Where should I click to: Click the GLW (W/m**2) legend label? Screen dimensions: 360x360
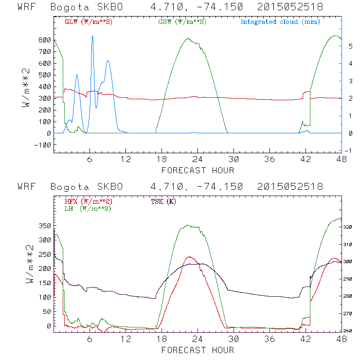pos(89,21)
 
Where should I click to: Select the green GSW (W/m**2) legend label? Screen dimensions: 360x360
pos(182,21)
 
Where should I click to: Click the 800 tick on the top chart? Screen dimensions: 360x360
pos(45,40)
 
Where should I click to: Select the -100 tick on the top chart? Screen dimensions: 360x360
pos(43,145)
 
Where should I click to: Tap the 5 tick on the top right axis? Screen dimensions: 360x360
pos(350,46)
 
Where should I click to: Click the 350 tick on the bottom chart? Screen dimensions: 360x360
pos(45,226)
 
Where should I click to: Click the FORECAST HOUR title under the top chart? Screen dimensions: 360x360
pos(198,170)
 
